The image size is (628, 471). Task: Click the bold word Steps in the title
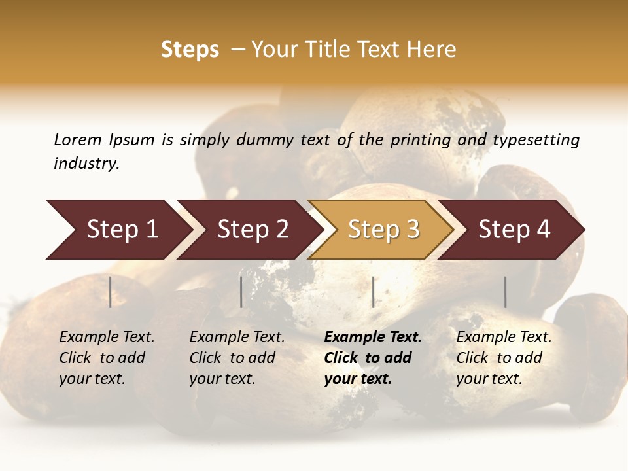pos(190,50)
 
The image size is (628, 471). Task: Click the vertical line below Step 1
pos(111,292)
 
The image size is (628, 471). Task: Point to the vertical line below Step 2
pos(241,292)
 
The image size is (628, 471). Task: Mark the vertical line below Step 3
pos(373,292)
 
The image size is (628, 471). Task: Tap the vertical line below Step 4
pos(505,292)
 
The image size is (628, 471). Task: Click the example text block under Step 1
pos(107,358)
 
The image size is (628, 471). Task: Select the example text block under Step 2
pos(237,358)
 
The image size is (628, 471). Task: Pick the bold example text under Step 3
pos(373,358)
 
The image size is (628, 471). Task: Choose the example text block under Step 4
pos(504,358)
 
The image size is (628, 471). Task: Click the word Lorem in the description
pos(77,140)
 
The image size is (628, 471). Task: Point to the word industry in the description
pos(86,164)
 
